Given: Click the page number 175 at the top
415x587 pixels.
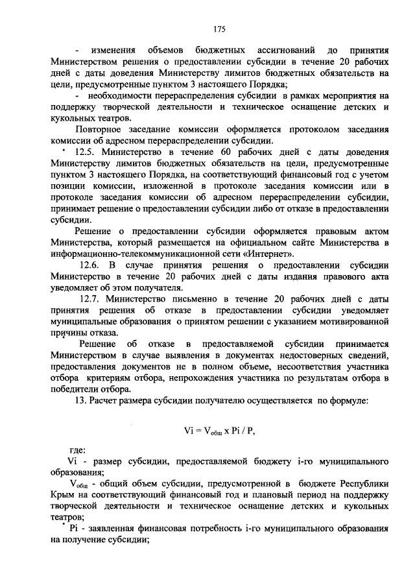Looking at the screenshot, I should tap(219, 29).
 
